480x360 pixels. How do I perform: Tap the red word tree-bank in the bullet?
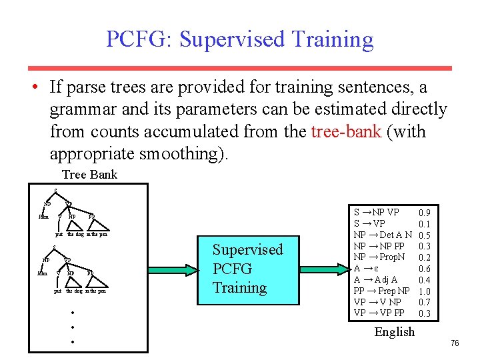click(x=346, y=131)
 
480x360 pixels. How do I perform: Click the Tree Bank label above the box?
click(x=89, y=175)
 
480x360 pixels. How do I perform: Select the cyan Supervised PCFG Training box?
click(x=247, y=269)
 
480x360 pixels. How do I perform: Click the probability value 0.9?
click(x=424, y=213)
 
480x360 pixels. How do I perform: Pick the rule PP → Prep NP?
click(x=382, y=291)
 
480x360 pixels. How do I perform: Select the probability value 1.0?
click(x=424, y=291)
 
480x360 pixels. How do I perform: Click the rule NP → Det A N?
click(x=383, y=235)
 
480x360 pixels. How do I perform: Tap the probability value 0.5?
click(x=424, y=235)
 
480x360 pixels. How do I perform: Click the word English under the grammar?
click(x=394, y=331)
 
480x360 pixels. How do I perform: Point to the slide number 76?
click(x=455, y=343)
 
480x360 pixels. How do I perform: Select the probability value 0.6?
click(x=424, y=269)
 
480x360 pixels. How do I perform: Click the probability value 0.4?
click(x=424, y=280)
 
